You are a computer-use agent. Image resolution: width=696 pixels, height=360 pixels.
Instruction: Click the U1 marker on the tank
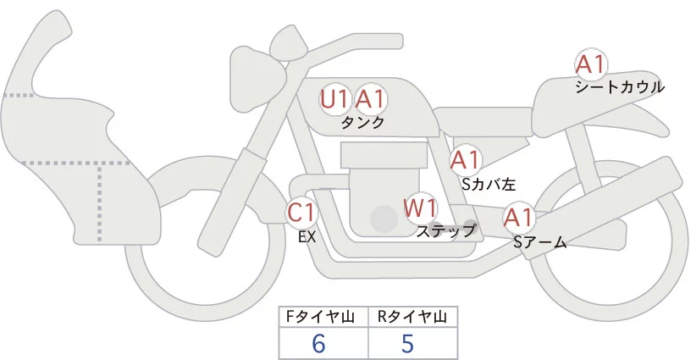click(x=334, y=99)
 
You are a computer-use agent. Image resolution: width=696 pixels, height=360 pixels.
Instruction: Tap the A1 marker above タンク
click(x=370, y=99)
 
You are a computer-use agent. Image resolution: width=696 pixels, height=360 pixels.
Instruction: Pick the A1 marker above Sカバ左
click(x=466, y=159)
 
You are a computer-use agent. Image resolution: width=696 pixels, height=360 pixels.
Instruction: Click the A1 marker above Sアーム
click(x=517, y=219)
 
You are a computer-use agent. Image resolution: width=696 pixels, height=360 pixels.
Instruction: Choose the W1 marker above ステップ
click(x=419, y=208)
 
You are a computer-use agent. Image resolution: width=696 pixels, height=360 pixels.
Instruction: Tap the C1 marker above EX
click(x=301, y=213)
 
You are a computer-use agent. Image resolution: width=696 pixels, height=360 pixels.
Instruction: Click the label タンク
click(x=362, y=122)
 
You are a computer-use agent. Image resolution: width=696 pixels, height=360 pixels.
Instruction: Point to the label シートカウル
click(x=619, y=86)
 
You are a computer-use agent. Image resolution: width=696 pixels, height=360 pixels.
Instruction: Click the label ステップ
click(x=446, y=230)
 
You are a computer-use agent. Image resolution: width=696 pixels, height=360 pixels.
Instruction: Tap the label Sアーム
click(x=539, y=243)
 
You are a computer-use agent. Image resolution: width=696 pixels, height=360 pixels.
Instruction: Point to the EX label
click(x=307, y=237)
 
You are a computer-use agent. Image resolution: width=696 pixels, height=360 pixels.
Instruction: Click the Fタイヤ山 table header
click(x=323, y=317)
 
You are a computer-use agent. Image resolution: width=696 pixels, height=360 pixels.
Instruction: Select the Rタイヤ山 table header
click(x=412, y=317)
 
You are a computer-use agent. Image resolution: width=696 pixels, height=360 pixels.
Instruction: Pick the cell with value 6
click(x=318, y=343)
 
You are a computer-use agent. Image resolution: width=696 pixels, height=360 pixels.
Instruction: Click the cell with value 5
click(x=407, y=343)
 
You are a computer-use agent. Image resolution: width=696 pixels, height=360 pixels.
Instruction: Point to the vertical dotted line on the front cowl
click(x=102, y=200)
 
